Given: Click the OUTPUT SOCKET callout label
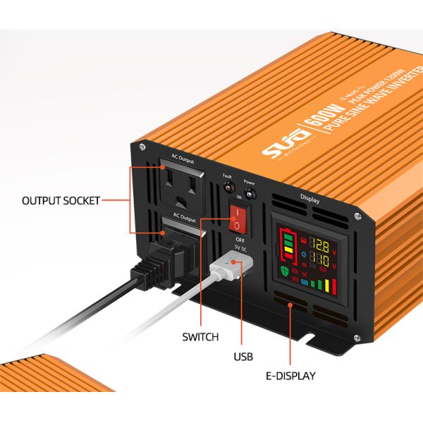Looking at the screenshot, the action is click(x=61, y=200).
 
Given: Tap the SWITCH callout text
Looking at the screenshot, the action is click(x=200, y=336).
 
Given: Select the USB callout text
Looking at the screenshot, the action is click(x=243, y=357).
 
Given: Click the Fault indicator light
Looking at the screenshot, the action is click(x=228, y=188).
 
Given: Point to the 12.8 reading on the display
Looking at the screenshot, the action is click(x=319, y=246).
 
